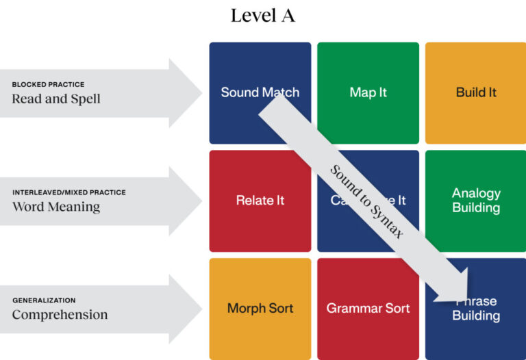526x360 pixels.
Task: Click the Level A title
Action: [x=262, y=16]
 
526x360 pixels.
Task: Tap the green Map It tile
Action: [x=368, y=92]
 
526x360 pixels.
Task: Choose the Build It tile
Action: [x=476, y=92]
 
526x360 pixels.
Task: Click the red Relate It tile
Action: [x=260, y=201]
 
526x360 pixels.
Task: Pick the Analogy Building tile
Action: [x=476, y=200]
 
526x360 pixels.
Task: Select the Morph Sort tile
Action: [x=260, y=308]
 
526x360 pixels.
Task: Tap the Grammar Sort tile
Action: [x=368, y=308]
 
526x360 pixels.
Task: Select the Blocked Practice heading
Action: [x=48, y=85]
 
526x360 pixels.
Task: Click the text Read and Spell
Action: [x=56, y=99]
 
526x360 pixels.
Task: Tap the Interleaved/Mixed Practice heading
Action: [x=69, y=192]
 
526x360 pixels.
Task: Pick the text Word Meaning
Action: [x=56, y=206]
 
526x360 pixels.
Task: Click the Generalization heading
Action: [x=44, y=300]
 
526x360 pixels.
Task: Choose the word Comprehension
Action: [x=60, y=315]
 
